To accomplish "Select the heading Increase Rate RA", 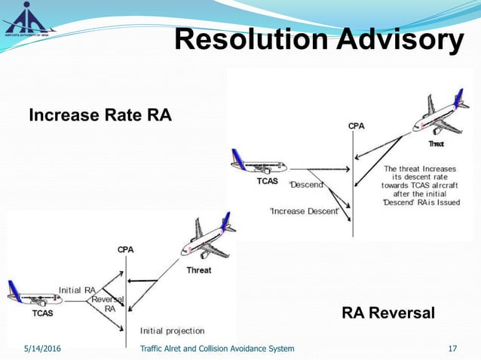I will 100,115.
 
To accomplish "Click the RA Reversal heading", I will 388,313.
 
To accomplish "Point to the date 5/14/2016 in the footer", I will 43,348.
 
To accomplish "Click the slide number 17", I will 453,348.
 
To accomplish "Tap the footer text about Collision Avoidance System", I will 217,348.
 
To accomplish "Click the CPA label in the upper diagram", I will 357,126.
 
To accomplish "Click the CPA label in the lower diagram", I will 126,249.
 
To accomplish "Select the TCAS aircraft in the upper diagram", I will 258,164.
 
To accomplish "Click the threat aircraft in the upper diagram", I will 437,117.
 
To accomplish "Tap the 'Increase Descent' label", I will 304,212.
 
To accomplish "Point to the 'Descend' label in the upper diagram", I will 307,185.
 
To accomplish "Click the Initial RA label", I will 78,289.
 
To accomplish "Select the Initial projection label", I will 172,331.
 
